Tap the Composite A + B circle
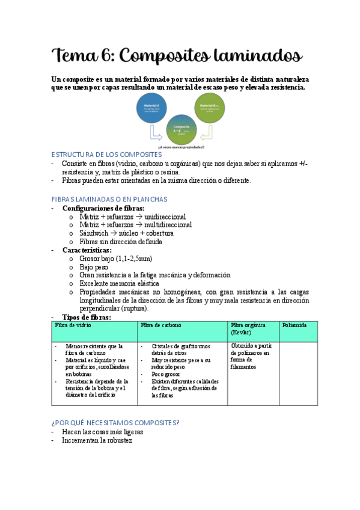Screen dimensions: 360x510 coord(181,129)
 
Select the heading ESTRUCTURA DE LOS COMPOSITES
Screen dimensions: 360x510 coord(107,155)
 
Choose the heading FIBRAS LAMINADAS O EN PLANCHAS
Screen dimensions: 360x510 coord(109,199)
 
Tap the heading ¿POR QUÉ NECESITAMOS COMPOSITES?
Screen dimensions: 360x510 coord(115,423)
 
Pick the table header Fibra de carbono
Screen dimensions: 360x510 coord(160,325)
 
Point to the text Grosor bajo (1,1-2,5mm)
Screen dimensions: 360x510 coord(115,259)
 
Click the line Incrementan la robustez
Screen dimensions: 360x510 coord(97,440)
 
